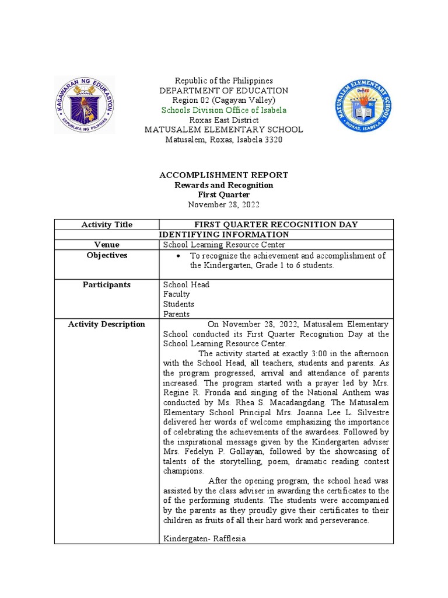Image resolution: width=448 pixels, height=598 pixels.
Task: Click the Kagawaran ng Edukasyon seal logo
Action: pyautogui.click(x=85, y=105)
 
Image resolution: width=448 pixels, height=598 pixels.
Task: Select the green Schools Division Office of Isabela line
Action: pyautogui.click(x=223, y=110)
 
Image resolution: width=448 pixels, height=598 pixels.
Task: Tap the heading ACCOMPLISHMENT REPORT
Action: pyautogui.click(x=223, y=175)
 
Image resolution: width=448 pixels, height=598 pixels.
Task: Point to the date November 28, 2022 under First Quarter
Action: pyautogui.click(x=223, y=204)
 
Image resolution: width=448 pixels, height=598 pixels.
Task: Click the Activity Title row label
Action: pyautogui.click(x=107, y=224)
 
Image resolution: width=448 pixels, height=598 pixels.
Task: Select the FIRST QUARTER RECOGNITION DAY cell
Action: pyautogui.click(x=276, y=224)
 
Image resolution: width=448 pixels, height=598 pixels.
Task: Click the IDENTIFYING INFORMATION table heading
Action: pyautogui.click(x=223, y=234)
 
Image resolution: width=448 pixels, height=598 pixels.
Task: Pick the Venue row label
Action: pyautogui.click(x=107, y=245)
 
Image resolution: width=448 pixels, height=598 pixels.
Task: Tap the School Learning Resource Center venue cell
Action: pyautogui.click(x=225, y=245)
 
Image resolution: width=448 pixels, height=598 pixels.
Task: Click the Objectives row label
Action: pyautogui.click(x=107, y=256)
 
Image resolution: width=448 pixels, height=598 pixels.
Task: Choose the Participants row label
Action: pyautogui.click(x=107, y=285)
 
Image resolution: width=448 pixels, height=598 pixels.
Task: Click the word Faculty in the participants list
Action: pyautogui.click(x=176, y=295)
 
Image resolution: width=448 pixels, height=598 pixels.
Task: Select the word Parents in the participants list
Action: pyautogui.click(x=176, y=314)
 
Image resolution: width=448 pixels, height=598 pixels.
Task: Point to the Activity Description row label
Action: pyautogui.click(x=107, y=324)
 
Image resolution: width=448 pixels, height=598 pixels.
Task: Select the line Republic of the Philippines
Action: pyautogui.click(x=223, y=81)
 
